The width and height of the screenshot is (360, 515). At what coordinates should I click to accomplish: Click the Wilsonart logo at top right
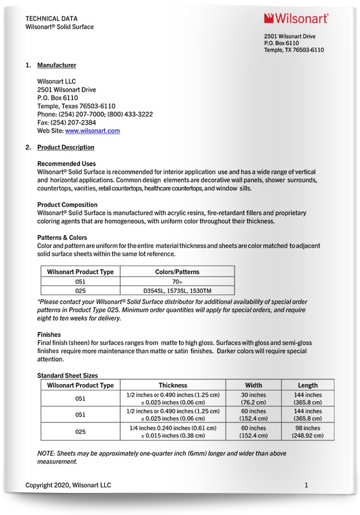click(295, 19)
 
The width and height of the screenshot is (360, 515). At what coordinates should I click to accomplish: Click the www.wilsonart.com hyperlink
click(92, 130)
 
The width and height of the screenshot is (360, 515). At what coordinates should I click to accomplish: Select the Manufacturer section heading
click(57, 65)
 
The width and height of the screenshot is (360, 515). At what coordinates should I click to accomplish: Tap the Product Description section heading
click(66, 147)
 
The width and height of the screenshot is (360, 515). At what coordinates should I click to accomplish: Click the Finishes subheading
click(49, 335)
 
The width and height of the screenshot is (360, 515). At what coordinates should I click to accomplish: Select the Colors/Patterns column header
click(177, 272)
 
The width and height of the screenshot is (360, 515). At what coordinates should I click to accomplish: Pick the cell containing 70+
click(177, 281)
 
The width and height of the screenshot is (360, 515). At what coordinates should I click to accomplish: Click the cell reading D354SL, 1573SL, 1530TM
click(177, 291)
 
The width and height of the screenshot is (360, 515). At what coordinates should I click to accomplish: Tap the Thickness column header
click(173, 385)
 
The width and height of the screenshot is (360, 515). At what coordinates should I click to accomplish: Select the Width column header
click(253, 385)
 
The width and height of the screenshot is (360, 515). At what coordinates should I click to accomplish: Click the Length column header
click(308, 385)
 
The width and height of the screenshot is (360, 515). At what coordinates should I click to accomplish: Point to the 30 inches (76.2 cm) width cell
click(253, 398)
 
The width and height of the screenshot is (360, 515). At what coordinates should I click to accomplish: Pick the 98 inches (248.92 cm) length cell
click(308, 432)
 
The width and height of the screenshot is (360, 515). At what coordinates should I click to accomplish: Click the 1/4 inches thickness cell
click(173, 432)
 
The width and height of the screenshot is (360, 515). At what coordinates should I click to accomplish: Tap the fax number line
click(66, 122)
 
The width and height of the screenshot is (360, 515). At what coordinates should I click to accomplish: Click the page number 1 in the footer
click(306, 485)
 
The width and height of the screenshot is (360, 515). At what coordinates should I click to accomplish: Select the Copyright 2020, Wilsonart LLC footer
click(68, 485)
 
